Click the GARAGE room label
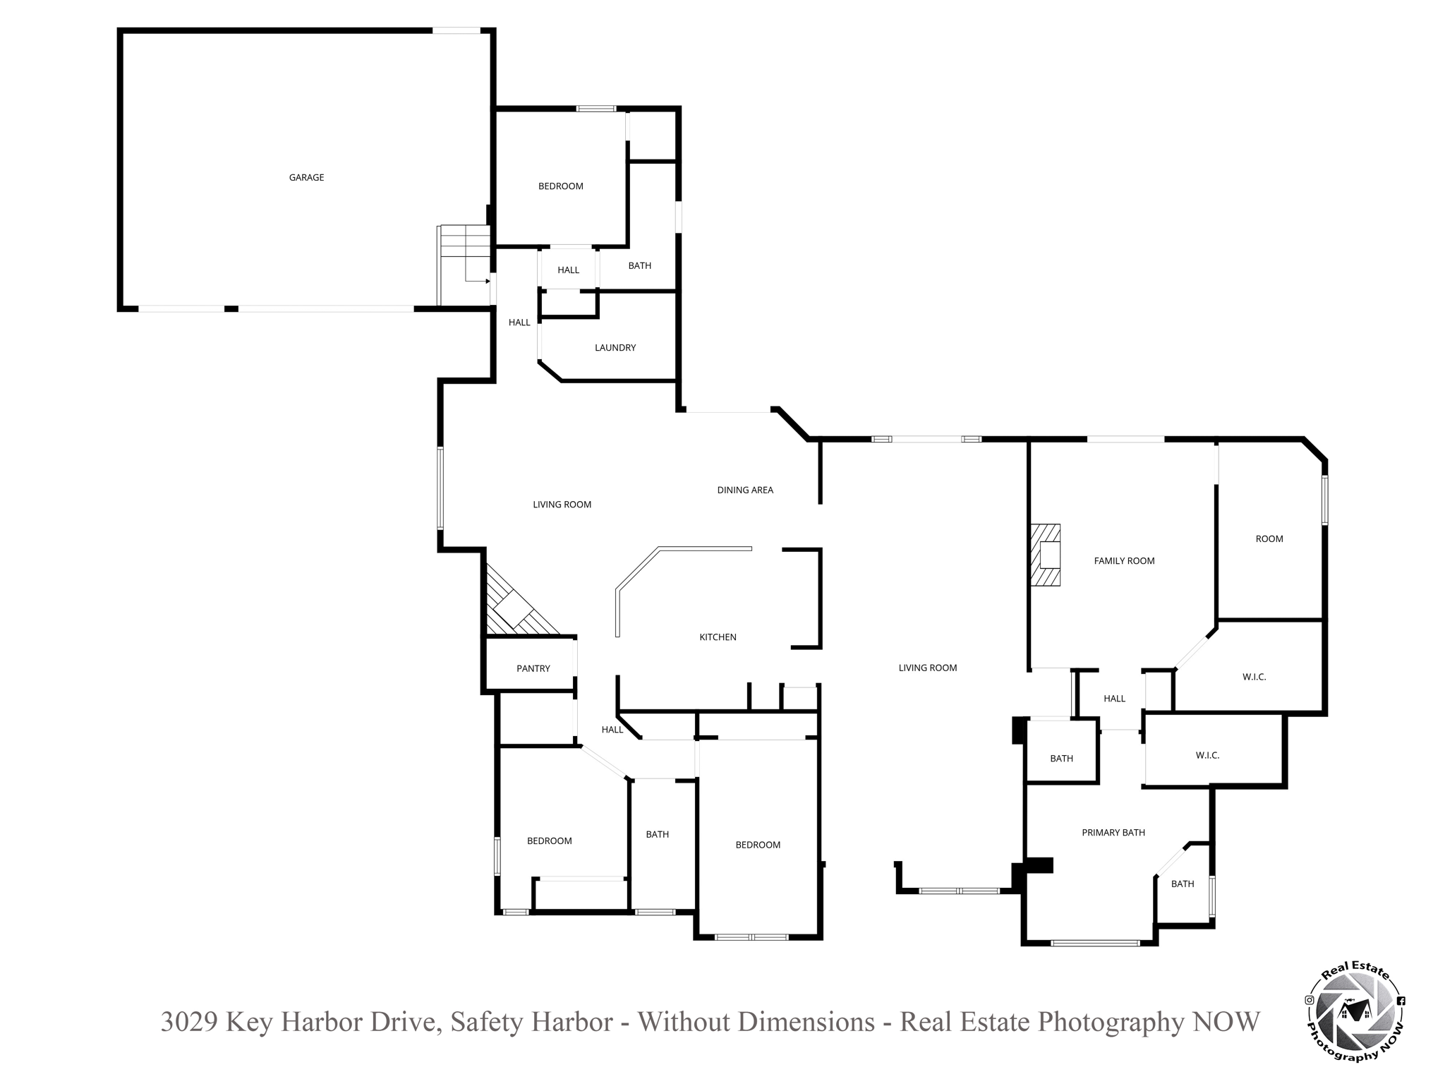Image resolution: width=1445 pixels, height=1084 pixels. pos(306,178)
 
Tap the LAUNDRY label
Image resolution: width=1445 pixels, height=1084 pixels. pos(615,348)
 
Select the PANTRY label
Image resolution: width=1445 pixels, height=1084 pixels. pos(533,669)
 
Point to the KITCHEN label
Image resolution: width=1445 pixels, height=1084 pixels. pos(718,637)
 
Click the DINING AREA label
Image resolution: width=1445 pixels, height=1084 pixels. pos(745,490)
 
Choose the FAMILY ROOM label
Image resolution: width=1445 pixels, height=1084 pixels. pos(1124,561)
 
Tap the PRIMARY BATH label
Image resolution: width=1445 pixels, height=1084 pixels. pos(1113,833)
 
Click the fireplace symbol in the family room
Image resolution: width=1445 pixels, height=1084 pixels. pos(1046,555)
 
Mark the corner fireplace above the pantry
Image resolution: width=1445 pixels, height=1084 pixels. pos(516,603)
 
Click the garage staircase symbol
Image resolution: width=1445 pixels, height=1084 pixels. pos(464,265)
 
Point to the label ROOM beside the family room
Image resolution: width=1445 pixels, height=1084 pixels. pos(1269,539)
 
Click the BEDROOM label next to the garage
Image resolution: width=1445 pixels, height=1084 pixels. pos(561,186)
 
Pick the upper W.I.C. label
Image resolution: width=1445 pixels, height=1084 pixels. pos(1254,677)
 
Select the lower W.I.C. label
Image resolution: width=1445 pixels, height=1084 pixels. pos(1208,756)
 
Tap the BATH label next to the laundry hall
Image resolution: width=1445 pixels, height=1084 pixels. pos(640,266)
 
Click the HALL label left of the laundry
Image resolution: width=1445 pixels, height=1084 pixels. pos(519,323)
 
